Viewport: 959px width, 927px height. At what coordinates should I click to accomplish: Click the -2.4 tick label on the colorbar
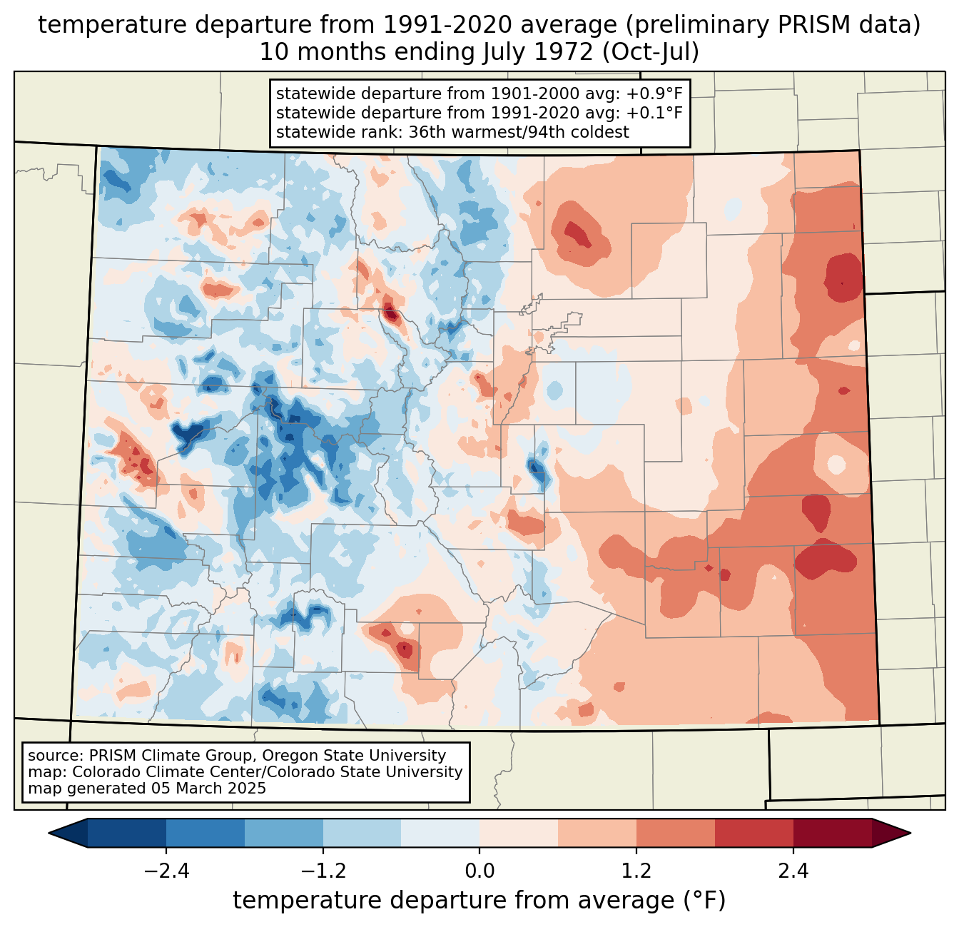tap(166, 872)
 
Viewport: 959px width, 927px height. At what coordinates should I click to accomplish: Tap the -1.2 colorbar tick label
tap(323, 872)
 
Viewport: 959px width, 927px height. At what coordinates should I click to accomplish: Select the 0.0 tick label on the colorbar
tap(479, 872)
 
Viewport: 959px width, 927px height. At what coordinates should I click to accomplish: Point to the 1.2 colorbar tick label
tap(636, 872)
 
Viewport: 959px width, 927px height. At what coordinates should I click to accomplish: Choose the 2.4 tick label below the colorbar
tap(793, 872)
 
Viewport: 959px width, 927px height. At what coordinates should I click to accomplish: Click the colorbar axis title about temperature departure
tap(479, 901)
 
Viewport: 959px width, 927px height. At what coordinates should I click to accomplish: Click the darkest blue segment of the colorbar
tap(127, 833)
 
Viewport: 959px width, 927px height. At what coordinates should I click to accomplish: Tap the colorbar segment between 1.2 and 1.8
tap(675, 833)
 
